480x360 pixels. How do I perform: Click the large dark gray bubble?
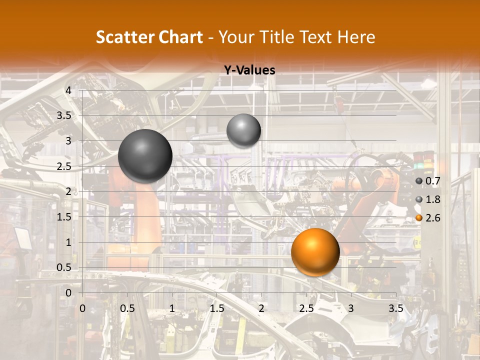145,156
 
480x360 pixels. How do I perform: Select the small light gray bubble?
243,130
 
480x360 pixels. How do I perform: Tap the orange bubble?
315,252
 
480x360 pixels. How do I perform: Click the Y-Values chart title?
249,70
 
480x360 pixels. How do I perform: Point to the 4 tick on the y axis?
68,90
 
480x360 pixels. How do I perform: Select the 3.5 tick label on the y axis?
63,115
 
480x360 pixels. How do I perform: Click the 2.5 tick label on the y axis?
63,166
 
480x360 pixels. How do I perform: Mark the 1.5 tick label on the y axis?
63,217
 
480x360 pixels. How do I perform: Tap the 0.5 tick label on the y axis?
63,267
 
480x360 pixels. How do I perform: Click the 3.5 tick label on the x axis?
395,308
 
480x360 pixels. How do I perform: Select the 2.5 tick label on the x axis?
306,308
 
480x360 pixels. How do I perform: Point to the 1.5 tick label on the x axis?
216,308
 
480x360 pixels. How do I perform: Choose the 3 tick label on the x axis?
351,308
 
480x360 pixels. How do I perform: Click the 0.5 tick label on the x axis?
127,308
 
